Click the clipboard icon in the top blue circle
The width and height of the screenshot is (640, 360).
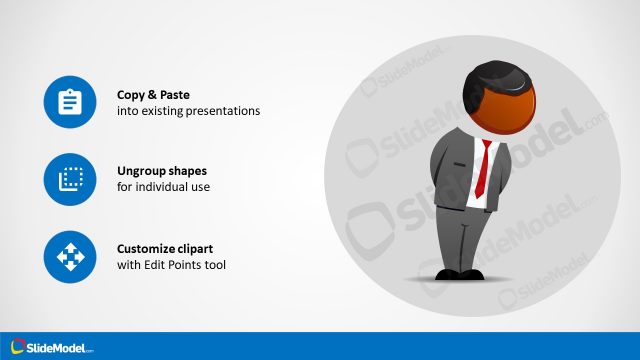(69, 102)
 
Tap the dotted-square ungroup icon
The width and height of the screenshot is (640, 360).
(69, 179)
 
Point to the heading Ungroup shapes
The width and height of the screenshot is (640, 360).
(162, 171)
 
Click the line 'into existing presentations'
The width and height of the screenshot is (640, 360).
(188, 111)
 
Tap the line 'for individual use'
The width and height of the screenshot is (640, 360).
(164, 188)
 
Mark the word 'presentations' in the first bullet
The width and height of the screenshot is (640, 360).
(225, 111)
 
